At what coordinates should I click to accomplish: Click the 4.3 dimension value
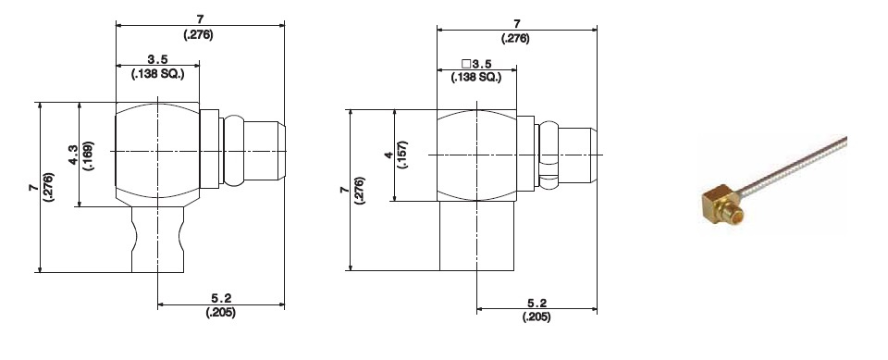point(73,155)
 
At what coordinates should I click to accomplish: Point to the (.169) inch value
point(89,155)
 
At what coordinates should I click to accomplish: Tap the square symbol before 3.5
point(466,64)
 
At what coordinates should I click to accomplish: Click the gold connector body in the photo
point(718,203)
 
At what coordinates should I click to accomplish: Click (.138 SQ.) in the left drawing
point(158,74)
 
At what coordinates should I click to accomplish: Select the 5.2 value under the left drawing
point(220,298)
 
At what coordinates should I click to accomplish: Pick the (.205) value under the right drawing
point(536,317)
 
